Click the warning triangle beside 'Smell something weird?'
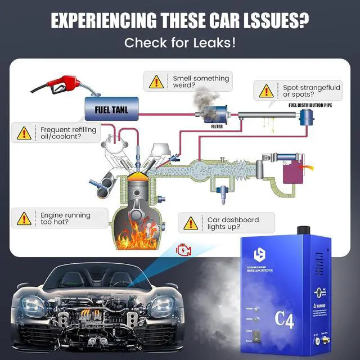(156, 82)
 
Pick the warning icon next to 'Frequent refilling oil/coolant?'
(24, 133)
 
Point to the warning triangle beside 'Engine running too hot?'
(24, 219)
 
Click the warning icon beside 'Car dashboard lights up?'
(192, 223)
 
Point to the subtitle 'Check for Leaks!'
(180, 43)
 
